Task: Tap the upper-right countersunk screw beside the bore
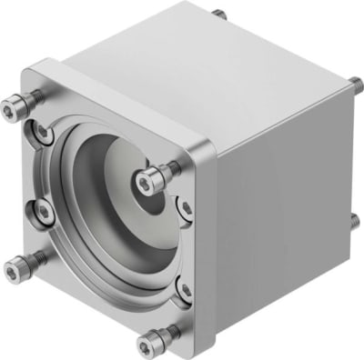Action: point(185,208)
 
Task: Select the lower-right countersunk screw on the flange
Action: point(185,290)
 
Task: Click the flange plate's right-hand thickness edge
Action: point(208,245)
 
